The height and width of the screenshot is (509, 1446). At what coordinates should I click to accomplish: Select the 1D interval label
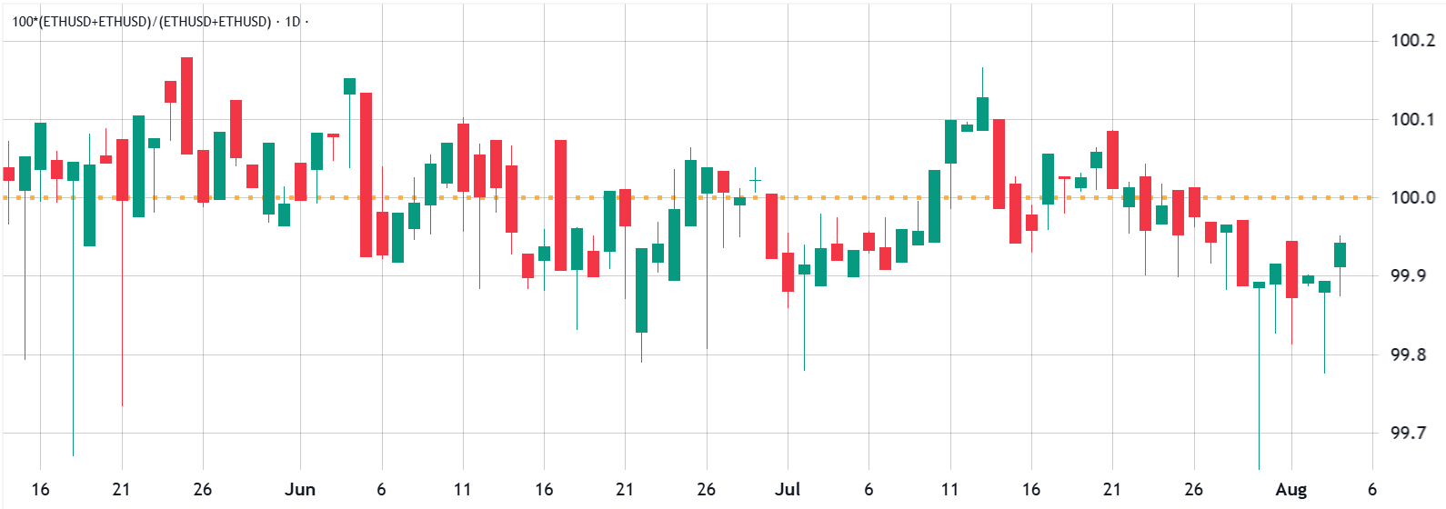(292, 21)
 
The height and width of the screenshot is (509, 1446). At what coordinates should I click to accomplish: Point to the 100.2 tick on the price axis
(1412, 40)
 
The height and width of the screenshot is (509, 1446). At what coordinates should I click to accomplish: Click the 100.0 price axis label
(1412, 197)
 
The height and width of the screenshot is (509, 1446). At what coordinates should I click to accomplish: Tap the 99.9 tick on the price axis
(1409, 275)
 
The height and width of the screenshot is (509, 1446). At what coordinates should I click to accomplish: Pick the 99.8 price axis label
(1409, 354)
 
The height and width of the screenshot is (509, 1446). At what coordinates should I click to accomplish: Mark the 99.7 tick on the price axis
(1409, 433)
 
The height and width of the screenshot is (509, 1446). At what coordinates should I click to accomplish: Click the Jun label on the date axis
(300, 490)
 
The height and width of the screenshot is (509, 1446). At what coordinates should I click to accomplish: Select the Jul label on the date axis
(788, 490)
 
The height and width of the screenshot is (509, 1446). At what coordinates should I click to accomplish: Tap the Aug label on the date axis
(1290, 490)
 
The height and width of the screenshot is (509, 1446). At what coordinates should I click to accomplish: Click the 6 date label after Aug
(1372, 490)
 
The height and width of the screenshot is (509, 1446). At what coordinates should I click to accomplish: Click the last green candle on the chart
(1341, 254)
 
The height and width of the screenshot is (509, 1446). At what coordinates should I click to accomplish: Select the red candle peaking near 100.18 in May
(186, 105)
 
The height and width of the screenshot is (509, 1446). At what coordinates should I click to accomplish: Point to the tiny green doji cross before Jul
(755, 180)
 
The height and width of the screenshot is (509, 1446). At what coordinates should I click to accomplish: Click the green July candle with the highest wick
(982, 113)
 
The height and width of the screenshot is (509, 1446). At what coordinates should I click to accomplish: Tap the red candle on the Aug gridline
(1291, 269)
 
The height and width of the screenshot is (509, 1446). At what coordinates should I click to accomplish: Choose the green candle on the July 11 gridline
(950, 142)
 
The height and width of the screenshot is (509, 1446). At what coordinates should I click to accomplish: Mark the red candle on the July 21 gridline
(1112, 160)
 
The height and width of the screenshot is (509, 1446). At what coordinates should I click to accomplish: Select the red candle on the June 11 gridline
(463, 157)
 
